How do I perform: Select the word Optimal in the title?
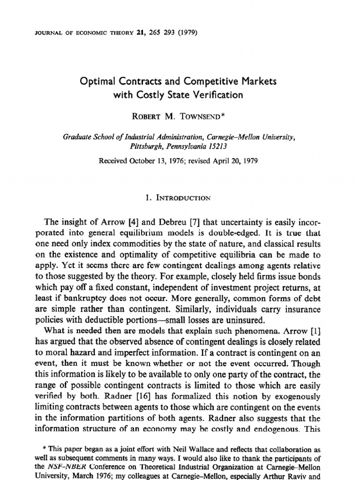point(98,82)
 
